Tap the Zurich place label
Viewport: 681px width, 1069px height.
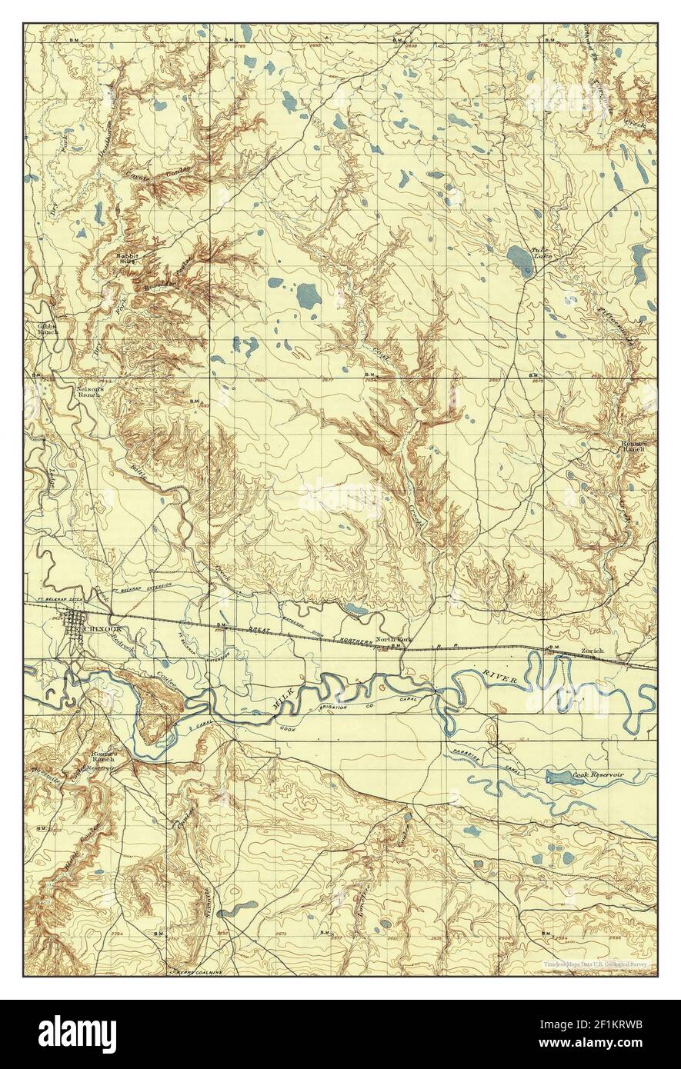593,651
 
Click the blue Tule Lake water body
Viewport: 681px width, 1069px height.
520,260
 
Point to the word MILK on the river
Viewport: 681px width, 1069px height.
283,698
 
